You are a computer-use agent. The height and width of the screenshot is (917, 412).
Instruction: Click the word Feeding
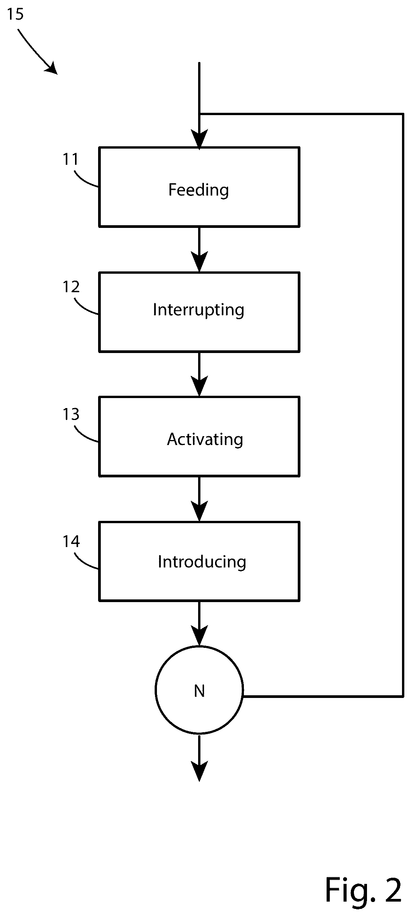[198, 190]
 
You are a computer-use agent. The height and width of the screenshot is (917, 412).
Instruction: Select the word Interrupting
[198, 310]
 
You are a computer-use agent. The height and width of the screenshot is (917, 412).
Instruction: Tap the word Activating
[205, 439]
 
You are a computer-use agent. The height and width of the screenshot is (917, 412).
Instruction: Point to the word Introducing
[202, 562]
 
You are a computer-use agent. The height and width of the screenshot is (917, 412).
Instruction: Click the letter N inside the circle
[199, 691]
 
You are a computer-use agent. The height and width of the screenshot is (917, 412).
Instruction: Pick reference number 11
[71, 159]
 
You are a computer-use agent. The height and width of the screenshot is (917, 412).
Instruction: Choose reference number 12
[71, 287]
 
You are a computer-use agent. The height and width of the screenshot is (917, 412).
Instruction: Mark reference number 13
[71, 414]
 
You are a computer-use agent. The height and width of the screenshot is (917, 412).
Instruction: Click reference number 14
[71, 542]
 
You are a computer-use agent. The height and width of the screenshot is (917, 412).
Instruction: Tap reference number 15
[15, 14]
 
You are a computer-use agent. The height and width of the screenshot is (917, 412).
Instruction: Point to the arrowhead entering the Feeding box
[199, 139]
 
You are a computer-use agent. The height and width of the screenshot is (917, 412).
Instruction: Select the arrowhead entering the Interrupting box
[199, 262]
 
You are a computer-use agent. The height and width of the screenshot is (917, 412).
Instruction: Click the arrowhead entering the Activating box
[199, 386]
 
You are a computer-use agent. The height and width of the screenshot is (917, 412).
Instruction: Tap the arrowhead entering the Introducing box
[199, 511]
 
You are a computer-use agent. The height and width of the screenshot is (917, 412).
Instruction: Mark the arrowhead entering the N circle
[199, 636]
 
